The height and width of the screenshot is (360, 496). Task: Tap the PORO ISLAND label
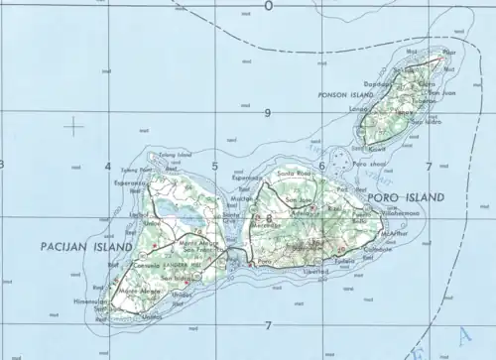[x=406, y=197]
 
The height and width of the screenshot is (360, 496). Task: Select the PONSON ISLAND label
[x=317, y=95]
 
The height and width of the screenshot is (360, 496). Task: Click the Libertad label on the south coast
[x=314, y=270]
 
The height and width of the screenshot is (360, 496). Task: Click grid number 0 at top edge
[x=268, y=6]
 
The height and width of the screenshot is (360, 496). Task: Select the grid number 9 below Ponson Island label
[x=267, y=113]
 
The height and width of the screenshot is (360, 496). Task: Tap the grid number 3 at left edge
[x=3, y=165]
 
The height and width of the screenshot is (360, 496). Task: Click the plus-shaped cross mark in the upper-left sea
[x=74, y=126]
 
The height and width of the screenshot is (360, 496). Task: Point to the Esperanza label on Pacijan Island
[x=130, y=183]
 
